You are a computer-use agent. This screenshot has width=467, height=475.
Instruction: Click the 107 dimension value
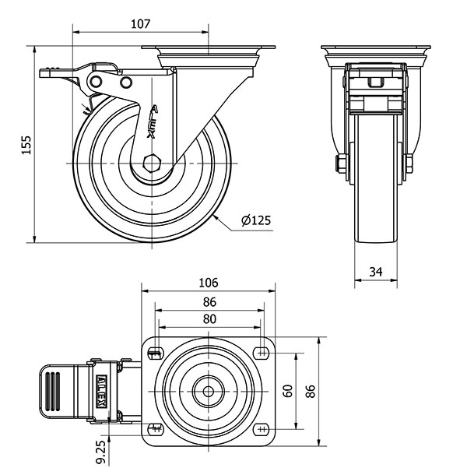(140, 23)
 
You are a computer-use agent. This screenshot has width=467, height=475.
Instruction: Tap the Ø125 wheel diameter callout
(256, 220)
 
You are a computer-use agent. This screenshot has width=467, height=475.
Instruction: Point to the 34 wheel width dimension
(376, 272)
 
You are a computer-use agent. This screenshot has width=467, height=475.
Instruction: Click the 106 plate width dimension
(209, 282)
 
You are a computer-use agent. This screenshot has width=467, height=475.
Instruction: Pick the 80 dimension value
(209, 318)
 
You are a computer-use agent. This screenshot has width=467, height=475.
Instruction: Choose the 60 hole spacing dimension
(287, 389)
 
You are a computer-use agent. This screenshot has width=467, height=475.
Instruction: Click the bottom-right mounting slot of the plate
(263, 427)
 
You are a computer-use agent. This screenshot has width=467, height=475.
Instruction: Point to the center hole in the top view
(209, 389)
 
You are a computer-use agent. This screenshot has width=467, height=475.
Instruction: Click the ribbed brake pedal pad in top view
(54, 389)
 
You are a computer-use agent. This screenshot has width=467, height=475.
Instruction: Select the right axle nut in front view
(408, 164)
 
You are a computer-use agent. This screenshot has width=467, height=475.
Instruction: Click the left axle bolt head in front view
(340, 164)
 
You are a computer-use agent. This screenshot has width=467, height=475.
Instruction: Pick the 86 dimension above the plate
(209, 301)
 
